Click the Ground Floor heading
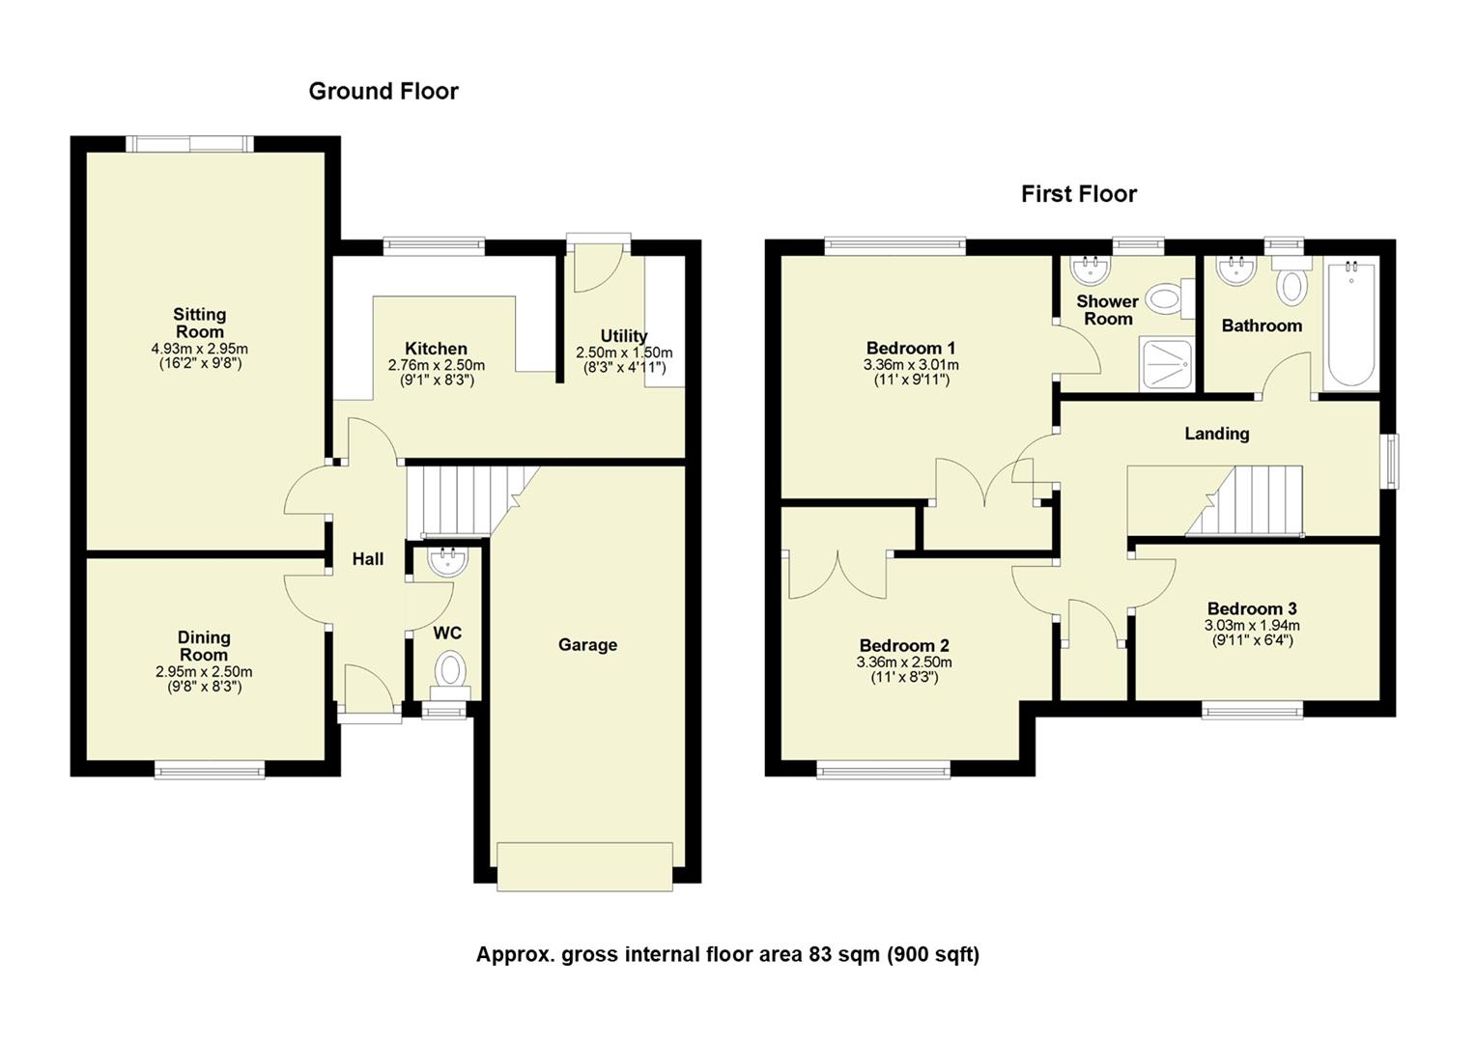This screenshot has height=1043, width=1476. click(x=383, y=91)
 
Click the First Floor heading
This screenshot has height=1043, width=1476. click(x=1078, y=194)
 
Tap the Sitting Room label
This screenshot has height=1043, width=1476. click(x=200, y=323)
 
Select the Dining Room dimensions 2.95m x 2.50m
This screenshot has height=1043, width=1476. click(x=204, y=672)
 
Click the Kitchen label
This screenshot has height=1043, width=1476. click(x=436, y=349)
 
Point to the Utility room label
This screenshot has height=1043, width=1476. click(x=624, y=336)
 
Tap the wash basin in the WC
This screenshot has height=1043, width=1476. click(x=446, y=561)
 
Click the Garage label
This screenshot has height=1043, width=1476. click(x=587, y=645)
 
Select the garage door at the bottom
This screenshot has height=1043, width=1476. click(x=584, y=865)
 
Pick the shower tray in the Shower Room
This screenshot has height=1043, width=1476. click(x=1167, y=364)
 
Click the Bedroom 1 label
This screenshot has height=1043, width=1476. click(x=911, y=348)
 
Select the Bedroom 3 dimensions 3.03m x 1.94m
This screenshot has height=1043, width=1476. click(x=1252, y=625)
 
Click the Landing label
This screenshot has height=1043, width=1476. click(x=1217, y=434)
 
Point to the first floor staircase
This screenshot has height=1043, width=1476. click(x=1246, y=499)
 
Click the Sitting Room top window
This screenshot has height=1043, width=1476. click(x=189, y=144)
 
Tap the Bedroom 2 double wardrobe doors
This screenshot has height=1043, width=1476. click(x=837, y=575)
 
